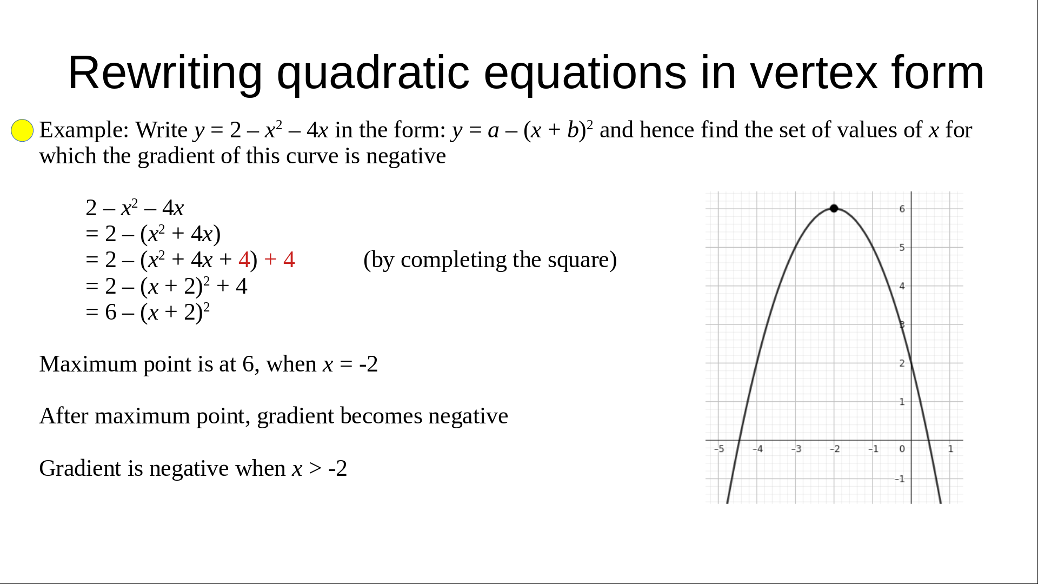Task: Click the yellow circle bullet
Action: pyautogui.click(x=22, y=130)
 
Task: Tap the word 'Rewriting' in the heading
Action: pyautogui.click(x=165, y=74)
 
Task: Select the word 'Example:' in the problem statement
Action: pyautogui.click(x=84, y=130)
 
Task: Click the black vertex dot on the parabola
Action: pyautogui.click(x=834, y=208)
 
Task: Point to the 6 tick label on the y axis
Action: pyautogui.click(x=902, y=209)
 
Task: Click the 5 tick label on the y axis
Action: pyautogui.click(x=902, y=248)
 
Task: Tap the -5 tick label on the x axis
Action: pyautogui.click(x=719, y=449)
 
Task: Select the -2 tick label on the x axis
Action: pyautogui.click(x=835, y=449)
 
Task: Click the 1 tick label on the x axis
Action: pyautogui.click(x=951, y=449)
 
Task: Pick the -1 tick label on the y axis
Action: pyautogui.click(x=900, y=479)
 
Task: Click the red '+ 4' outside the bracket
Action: pyautogui.click(x=280, y=260)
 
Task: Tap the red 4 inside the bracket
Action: pyautogui.click(x=244, y=260)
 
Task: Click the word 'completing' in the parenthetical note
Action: pyautogui.click(x=454, y=260)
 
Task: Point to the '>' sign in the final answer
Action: pyautogui.click(x=315, y=469)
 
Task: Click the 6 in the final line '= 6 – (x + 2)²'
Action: pyautogui.click(x=111, y=313)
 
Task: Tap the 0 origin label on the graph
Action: pyautogui.click(x=902, y=449)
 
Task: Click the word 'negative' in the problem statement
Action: pyautogui.click(x=406, y=156)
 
